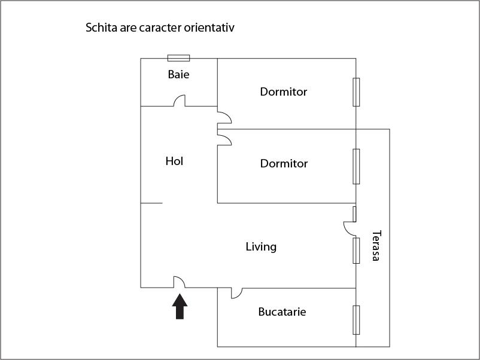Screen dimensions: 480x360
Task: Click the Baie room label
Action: pyautogui.click(x=178, y=74)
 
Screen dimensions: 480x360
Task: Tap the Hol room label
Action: pyautogui.click(x=174, y=161)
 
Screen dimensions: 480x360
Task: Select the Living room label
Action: pyautogui.click(x=261, y=247)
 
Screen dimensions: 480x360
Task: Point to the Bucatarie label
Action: pyautogui.click(x=282, y=312)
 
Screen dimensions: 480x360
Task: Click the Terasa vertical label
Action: pyautogui.click(x=376, y=246)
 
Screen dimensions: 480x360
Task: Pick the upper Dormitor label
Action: pyautogui.click(x=284, y=91)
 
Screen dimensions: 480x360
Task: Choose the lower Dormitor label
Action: pyautogui.click(x=284, y=164)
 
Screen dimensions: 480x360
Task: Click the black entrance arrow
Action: pyautogui.click(x=180, y=306)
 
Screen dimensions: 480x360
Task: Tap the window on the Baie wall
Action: pyautogui.click(x=178, y=58)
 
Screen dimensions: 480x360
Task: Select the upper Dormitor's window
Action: pyautogui.click(x=356, y=92)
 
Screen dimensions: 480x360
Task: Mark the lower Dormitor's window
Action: pyautogui.click(x=356, y=167)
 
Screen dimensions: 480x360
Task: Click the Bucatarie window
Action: pyautogui.click(x=356, y=320)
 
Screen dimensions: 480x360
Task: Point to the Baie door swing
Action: pyautogui.click(x=180, y=100)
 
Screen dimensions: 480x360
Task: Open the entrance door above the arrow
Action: pyautogui.click(x=180, y=282)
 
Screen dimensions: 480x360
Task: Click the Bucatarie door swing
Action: pyautogui.click(x=236, y=293)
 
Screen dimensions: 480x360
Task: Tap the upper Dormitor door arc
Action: pyautogui.click(x=224, y=118)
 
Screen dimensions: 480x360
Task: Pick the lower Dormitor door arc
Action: pyautogui.click(x=224, y=139)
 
